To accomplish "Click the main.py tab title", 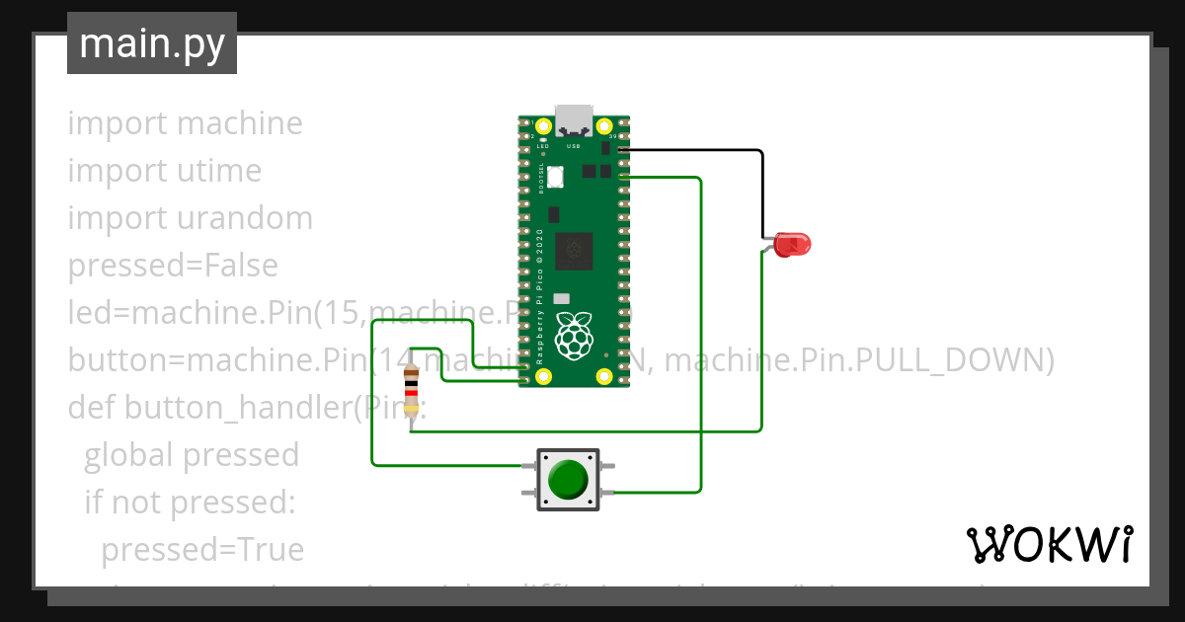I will point(151,43).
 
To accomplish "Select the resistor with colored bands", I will point(412,393).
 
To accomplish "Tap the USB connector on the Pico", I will point(574,119).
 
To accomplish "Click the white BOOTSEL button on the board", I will point(555,177).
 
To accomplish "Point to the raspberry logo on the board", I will point(574,334).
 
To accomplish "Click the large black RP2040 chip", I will point(574,251).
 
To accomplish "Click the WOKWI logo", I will point(1048,544).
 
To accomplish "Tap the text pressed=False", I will point(173,266).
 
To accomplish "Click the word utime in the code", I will point(219,171).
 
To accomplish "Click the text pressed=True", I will point(202,549).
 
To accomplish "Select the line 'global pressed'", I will point(192,454).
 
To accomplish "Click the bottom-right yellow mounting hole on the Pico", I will point(604,376).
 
